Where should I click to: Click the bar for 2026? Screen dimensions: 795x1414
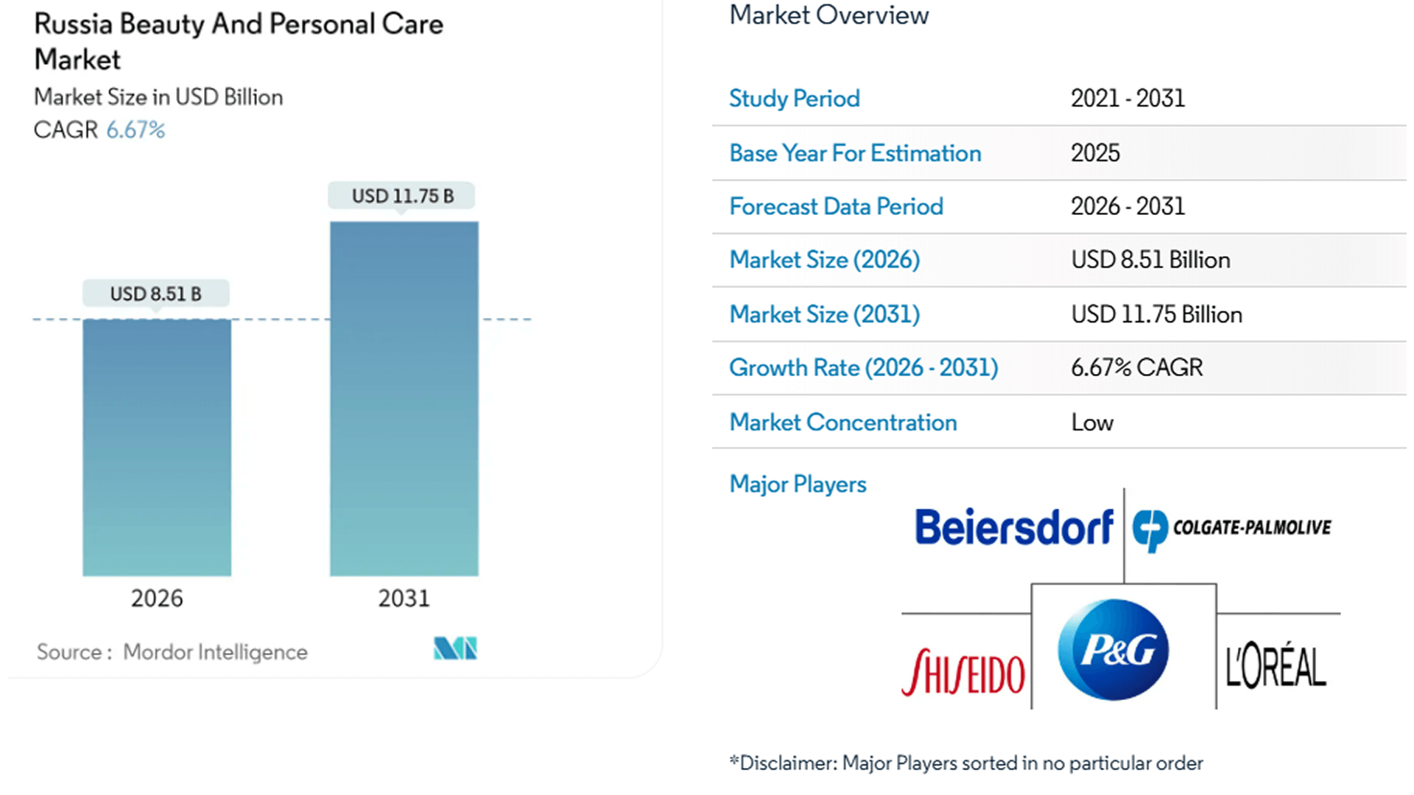156,447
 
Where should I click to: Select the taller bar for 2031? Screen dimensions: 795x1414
404,398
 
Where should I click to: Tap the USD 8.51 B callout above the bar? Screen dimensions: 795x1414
155,294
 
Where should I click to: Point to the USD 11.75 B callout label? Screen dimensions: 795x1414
402,196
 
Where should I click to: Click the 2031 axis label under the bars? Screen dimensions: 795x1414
404,598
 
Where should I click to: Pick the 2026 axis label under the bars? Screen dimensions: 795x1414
156,598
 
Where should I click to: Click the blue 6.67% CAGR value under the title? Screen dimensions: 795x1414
136,130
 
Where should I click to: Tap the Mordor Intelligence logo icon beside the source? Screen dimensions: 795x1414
455,649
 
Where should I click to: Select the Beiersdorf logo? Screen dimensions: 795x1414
1013,527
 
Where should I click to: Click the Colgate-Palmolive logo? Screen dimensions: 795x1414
1231,528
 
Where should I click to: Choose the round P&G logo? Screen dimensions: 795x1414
1113,649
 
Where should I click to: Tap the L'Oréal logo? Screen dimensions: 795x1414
1276,666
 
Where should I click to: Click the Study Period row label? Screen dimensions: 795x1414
794,99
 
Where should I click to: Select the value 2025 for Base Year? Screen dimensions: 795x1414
1095,153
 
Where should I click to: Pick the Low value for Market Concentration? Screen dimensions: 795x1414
1092,423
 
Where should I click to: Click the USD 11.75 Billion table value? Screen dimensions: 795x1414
1156,314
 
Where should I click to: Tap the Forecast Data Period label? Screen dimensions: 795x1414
836,207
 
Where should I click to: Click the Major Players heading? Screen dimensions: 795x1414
798,484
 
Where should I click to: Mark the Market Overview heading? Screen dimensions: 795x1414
829,15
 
